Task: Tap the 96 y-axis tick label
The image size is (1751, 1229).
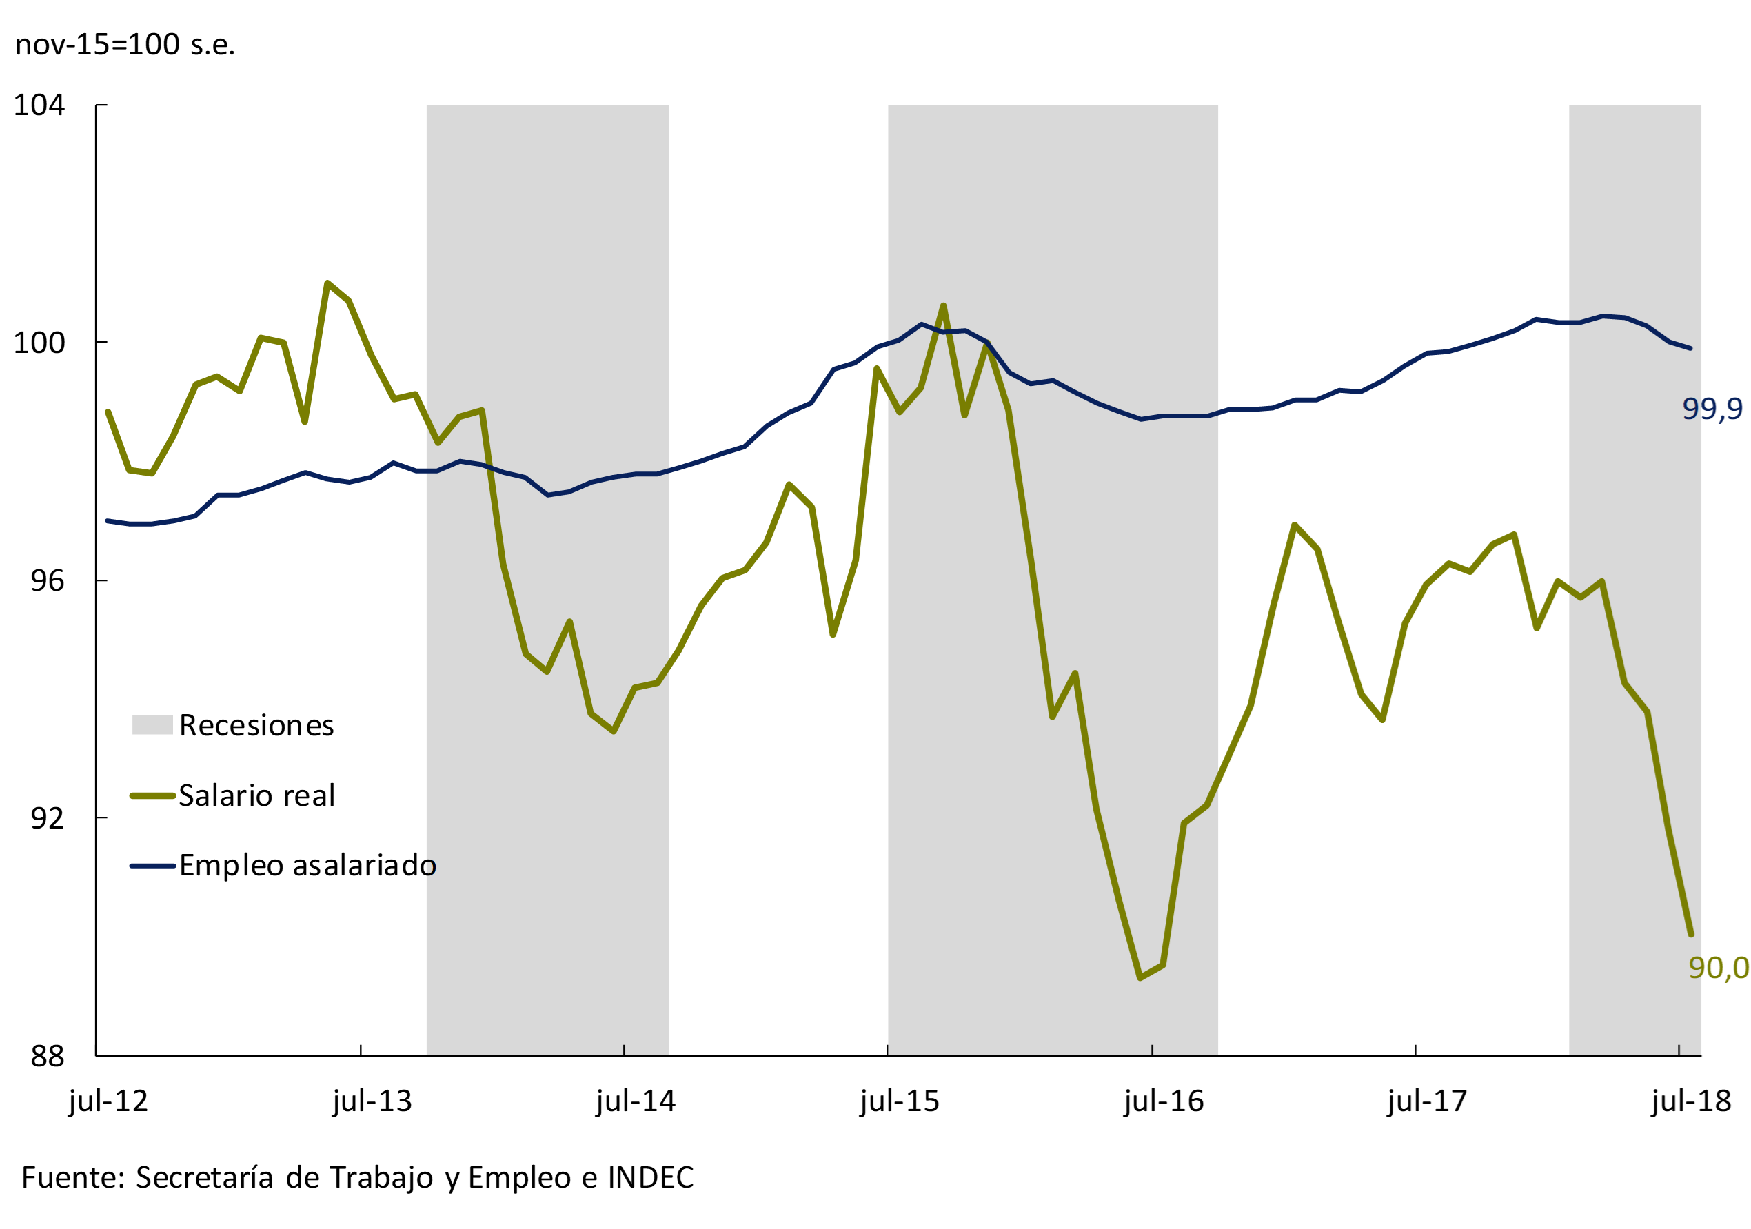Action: [48, 581]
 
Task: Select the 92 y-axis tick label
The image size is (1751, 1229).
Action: [48, 818]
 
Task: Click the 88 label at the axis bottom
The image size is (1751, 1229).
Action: [48, 1056]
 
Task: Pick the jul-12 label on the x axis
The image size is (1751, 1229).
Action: [108, 1101]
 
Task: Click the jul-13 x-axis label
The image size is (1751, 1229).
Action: [372, 1101]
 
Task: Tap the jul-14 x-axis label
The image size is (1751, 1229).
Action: [636, 1101]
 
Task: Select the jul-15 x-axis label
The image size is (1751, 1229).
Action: [900, 1101]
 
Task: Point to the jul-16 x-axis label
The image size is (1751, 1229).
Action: [1164, 1101]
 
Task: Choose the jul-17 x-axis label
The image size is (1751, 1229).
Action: [1428, 1101]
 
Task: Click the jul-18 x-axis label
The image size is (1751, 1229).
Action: [1692, 1101]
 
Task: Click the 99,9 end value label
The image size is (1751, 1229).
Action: [1712, 409]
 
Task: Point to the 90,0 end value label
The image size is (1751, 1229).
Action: [1718, 968]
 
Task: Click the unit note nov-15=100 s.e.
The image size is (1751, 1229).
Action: [125, 44]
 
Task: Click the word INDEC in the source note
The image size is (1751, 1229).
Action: [651, 1178]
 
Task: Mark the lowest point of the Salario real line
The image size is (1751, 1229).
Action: [1140, 977]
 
